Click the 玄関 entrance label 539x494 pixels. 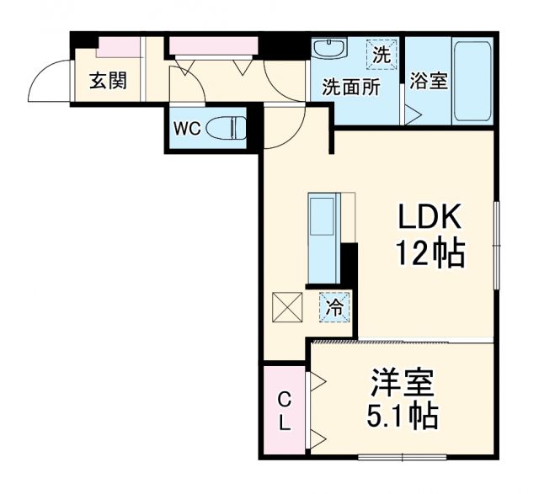coord(108,82)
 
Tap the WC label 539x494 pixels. coord(187,129)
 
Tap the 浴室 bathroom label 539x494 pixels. coord(428,82)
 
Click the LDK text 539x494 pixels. coord(430,218)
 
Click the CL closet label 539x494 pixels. coord(285,410)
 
